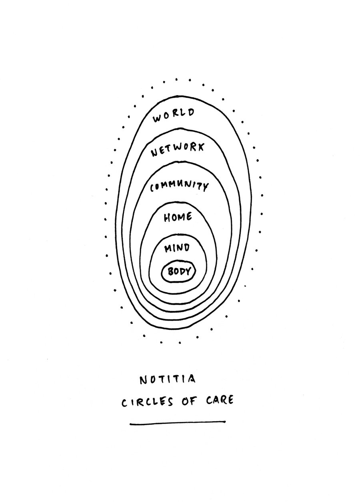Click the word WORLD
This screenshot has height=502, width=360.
tap(174, 115)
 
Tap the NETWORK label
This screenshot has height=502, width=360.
tap(178, 150)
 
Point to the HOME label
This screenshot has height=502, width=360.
tap(178, 217)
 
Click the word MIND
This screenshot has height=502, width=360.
tap(177, 248)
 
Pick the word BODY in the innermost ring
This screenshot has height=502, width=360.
tap(178, 272)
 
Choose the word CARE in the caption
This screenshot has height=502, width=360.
tap(220, 400)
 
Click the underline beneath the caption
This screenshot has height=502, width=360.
tap(178, 422)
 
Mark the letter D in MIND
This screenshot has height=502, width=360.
tap(186, 248)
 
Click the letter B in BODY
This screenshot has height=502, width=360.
tap(170, 272)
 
